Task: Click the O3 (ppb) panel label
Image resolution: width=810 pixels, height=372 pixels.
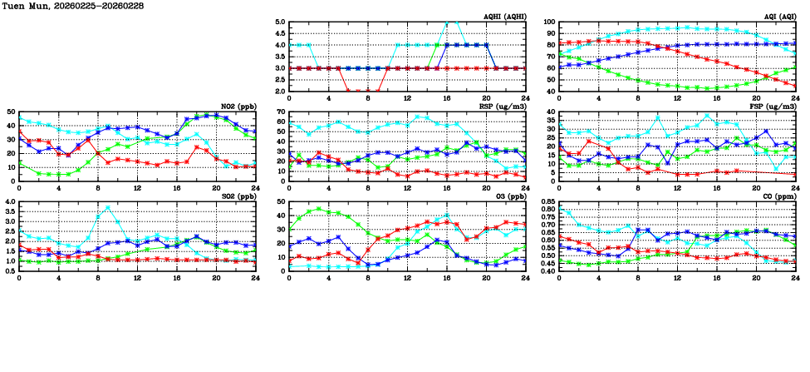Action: pyautogui.click(x=509, y=196)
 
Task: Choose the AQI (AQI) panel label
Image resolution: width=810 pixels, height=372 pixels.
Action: pyautogui.click(x=778, y=17)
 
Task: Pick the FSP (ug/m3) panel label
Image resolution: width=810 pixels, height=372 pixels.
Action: pyautogui.click(x=775, y=107)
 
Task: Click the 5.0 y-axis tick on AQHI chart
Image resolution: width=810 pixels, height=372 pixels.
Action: pyautogui.click(x=280, y=22)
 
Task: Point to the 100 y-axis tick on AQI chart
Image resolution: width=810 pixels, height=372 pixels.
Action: pyautogui.click(x=548, y=22)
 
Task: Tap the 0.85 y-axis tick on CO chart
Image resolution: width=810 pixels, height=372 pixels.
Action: pyautogui.click(x=546, y=201)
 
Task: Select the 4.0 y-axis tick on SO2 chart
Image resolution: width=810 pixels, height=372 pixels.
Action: pyautogui.click(x=11, y=201)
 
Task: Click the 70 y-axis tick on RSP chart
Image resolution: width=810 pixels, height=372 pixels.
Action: pyautogui.click(x=282, y=112)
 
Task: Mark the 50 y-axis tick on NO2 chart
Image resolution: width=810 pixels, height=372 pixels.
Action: pyautogui.click(x=12, y=112)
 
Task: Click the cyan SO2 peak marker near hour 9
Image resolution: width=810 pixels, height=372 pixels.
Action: pyautogui.click(x=108, y=207)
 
